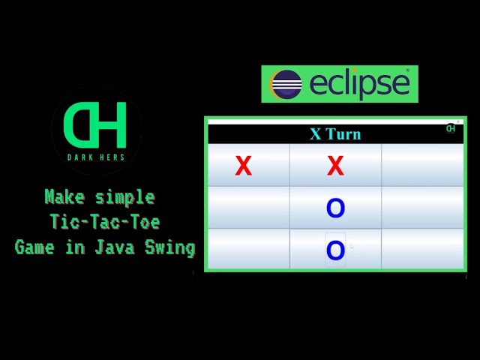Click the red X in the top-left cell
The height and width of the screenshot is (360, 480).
[243, 166]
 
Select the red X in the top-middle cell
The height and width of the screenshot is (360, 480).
[335, 166]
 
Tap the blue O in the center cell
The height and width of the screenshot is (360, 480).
[335, 208]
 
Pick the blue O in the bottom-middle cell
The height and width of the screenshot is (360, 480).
[335, 250]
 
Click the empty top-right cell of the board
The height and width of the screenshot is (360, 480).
[422, 165]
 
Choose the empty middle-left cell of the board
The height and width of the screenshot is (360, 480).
[248, 208]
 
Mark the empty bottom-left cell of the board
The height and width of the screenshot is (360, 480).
[248, 249]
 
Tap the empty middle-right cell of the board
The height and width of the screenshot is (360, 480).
[422, 208]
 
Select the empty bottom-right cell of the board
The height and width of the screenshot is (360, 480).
[422, 249]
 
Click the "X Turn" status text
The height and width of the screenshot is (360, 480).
[335, 134]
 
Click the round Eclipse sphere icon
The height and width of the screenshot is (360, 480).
[286, 84]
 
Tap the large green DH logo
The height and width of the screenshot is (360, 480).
[95, 124]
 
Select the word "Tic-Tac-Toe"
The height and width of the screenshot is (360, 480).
[105, 223]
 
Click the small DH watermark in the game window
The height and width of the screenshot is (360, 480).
[451, 127]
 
